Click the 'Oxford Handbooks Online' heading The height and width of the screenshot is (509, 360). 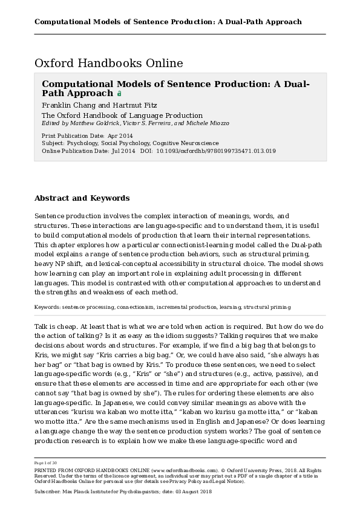coord(108,63)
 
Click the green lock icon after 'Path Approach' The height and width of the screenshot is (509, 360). coord(119,94)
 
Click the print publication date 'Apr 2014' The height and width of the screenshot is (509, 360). coord(120,136)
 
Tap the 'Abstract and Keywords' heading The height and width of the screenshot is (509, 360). coord(82,198)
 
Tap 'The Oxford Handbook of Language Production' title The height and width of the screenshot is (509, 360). coord(122,115)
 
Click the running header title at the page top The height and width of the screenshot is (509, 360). coord(168,22)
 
